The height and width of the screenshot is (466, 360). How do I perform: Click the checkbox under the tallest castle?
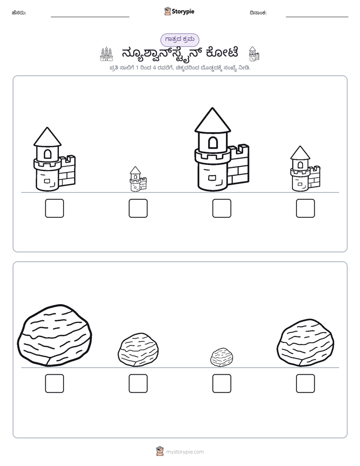coord(221,208)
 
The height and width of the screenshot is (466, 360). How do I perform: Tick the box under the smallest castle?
coord(138,208)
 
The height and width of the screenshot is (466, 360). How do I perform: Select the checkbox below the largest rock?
coord(54,383)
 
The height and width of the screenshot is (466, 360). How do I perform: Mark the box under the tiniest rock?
coord(221,383)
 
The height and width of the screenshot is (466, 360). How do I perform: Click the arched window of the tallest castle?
coord(213,143)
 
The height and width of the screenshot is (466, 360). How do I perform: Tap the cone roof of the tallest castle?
coord(212,120)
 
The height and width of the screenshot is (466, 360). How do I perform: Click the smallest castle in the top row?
coord(138,179)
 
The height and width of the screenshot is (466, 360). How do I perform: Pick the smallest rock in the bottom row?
coord(221,357)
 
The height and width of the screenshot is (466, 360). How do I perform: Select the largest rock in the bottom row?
coord(54,335)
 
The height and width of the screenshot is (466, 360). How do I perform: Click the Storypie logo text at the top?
coord(183,11)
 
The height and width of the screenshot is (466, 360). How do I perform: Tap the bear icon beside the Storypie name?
coord(167,11)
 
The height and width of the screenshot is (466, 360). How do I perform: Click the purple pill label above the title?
coord(179,40)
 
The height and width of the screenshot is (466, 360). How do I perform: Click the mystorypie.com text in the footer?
coord(185,452)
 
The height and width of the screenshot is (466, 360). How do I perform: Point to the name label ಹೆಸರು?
coord(19,13)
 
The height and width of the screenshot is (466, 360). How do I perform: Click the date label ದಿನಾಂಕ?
coord(258,13)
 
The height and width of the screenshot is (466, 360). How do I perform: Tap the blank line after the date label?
coord(317,17)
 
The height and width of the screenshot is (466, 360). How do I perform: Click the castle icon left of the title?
coord(106,54)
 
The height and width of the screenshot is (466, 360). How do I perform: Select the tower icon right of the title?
coord(254,54)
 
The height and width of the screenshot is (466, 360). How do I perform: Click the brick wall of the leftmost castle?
coord(67,171)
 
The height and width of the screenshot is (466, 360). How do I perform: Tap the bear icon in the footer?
coord(160,451)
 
